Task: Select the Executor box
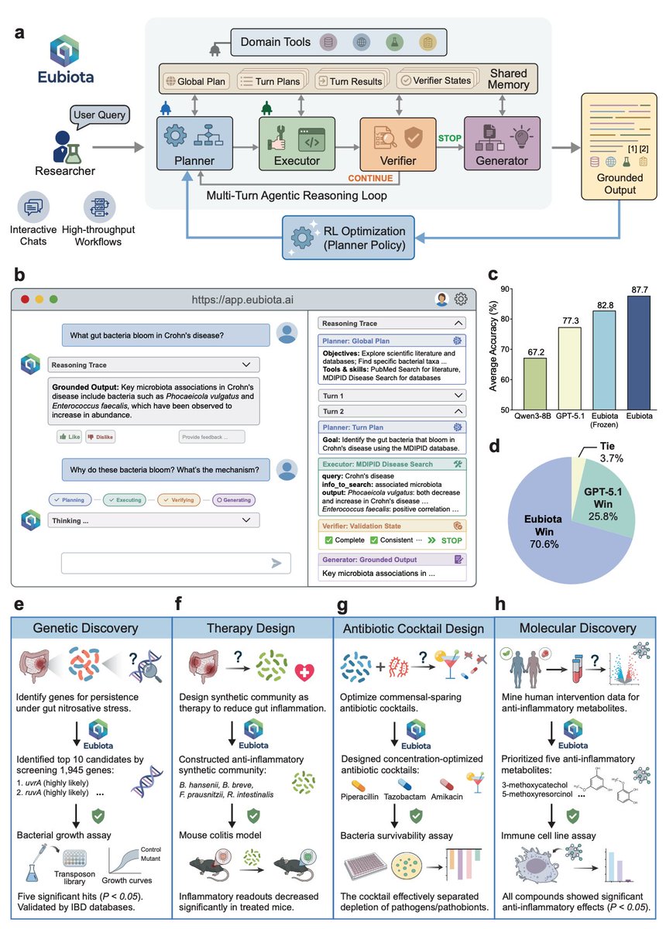297,143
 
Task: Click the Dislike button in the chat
100,437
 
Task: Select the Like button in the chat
68,437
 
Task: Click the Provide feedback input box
211,437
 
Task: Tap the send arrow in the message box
275,564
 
